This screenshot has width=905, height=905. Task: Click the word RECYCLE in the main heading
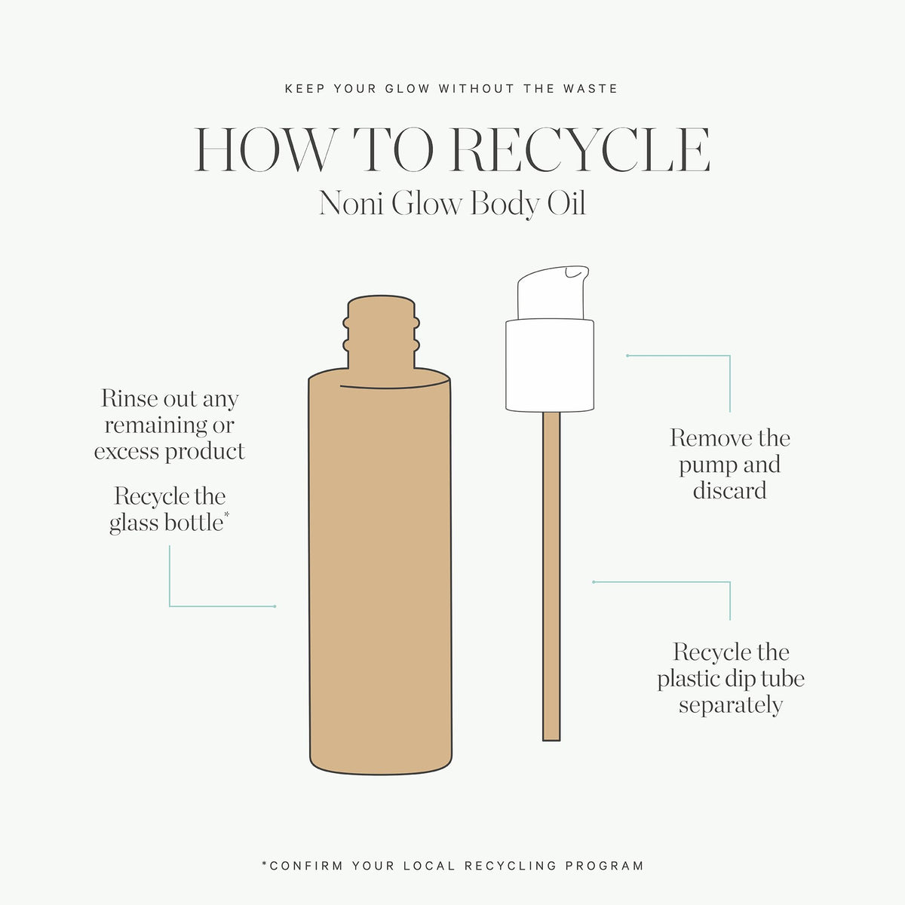(580, 149)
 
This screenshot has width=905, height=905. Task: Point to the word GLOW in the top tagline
(408, 89)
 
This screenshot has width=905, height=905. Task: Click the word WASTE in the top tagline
(591, 89)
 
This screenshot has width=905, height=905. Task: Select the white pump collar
(550, 365)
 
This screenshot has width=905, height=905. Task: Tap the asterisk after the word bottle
(227, 515)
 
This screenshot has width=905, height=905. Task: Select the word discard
(729, 490)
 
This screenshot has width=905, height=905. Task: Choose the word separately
(731, 706)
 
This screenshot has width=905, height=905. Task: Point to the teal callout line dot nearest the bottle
(275, 606)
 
